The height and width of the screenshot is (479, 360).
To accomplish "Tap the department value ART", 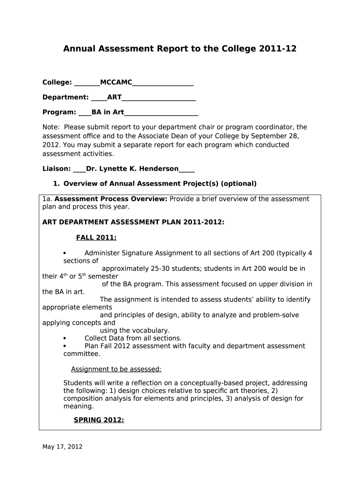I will click(x=115, y=97).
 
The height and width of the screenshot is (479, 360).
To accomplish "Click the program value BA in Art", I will click(x=108, y=112).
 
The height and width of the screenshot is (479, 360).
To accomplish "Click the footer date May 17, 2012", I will click(x=62, y=447).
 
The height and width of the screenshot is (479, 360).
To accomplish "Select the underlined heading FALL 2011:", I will click(x=96, y=238).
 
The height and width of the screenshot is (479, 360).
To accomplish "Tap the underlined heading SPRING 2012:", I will click(x=99, y=420).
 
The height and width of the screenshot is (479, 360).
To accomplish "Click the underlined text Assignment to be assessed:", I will click(x=116, y=369).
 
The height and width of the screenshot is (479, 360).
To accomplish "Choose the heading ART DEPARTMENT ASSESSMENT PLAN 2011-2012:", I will click(x=133, y=222).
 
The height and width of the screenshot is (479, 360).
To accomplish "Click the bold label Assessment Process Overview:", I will click(x=111, y=199).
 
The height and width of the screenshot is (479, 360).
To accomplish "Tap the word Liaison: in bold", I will click(x=57, y=169).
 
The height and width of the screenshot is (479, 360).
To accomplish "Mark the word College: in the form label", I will click(x=57, y=83).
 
